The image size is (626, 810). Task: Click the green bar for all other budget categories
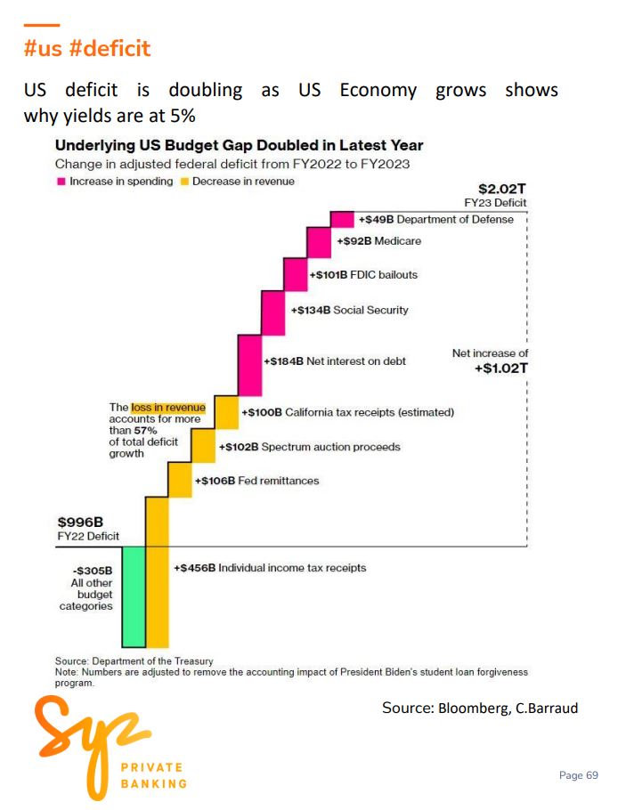coord(134,596)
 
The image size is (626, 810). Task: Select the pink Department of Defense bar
coord(342,219)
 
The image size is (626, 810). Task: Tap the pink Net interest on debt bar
coord(249,365)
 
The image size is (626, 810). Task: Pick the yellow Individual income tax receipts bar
coord(157,571)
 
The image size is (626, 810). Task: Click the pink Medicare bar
coord(319,243)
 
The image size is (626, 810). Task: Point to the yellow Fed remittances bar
coord(180,480)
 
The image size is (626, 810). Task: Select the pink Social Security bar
coord(273,312)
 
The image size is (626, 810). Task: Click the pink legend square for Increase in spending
coord(61,182)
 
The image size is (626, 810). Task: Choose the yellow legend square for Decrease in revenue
coord(184,182)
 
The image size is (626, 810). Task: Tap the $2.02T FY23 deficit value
coord(502,189)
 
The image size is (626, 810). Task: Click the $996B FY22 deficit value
coord(80,522)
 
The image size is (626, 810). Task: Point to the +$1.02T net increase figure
coord(501,368)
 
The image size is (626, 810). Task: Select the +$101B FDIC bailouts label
coord(363,275)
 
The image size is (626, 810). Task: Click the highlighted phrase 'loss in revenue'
coord(168,408)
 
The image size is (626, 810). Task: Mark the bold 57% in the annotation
coord(147,430)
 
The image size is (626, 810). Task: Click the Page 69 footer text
coord(579,775)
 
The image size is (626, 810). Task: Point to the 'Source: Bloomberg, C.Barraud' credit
coord(480,708)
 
